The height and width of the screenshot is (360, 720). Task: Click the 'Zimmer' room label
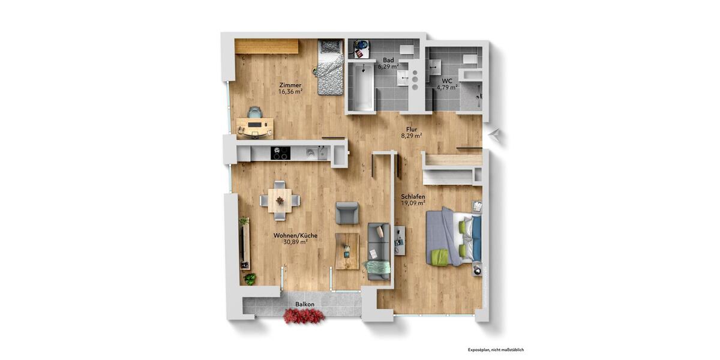click(290, 85)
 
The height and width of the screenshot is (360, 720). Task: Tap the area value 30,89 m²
click(290, 242)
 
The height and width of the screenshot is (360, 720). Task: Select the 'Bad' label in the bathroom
click(388, 60)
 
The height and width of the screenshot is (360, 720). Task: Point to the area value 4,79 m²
click(447, 88)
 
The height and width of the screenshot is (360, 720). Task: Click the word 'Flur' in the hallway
click(411, 129)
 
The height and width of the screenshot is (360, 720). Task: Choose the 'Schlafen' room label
click(413, 196)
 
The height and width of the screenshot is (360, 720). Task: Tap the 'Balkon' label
click(305, 304)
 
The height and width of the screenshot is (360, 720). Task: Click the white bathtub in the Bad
click(362, 88)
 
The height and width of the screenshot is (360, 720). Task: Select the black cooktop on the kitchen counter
click(280, 154)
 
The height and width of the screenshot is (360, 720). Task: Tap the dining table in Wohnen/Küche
click(279, 199)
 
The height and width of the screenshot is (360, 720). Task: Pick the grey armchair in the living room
click(347, 212)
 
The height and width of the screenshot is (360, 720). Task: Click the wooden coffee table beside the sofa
click(347, 251)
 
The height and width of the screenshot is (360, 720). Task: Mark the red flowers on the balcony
click(304, 316)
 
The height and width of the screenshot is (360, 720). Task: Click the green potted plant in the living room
click(250, 279)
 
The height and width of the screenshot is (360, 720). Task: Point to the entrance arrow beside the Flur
click(494, 135)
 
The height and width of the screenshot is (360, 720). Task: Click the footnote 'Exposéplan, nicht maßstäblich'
click(496, 349)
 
